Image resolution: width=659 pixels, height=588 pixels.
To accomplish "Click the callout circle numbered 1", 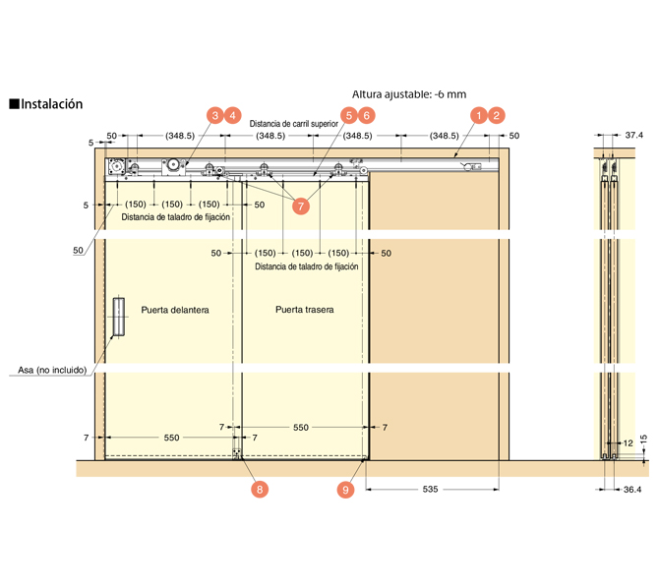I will (478, 115).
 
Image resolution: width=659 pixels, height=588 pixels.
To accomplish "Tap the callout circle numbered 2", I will (498, 115).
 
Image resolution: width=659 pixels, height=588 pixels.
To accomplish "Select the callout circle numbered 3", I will (213, 115).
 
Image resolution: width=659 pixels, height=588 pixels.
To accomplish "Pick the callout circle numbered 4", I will (233, 115).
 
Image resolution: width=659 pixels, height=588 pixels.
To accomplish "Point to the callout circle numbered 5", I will (348, 115).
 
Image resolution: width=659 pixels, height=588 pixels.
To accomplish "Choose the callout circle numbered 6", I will (367, 115).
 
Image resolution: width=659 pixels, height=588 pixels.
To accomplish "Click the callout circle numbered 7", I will (301, 206).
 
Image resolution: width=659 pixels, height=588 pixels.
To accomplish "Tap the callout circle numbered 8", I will (258, 488).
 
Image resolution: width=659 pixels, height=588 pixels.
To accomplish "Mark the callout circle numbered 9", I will (345, 488).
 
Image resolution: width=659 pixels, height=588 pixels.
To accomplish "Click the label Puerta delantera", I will (175, 309).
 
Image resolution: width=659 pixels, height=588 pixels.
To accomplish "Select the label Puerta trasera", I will (304, 309).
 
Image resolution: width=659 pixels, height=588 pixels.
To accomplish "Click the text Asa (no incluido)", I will (53, 371).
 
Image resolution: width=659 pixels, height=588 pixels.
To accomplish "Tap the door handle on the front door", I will (118, 316).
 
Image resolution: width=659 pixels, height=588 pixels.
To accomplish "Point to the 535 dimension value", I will (429, 488).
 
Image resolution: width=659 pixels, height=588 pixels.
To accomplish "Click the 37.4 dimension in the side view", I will (634, 135).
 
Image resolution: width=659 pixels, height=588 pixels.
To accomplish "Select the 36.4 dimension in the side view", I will (631, 489).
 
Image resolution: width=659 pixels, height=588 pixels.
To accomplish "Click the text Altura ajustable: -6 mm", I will (408, 94).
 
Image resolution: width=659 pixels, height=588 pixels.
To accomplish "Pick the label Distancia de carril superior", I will (293, 124).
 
